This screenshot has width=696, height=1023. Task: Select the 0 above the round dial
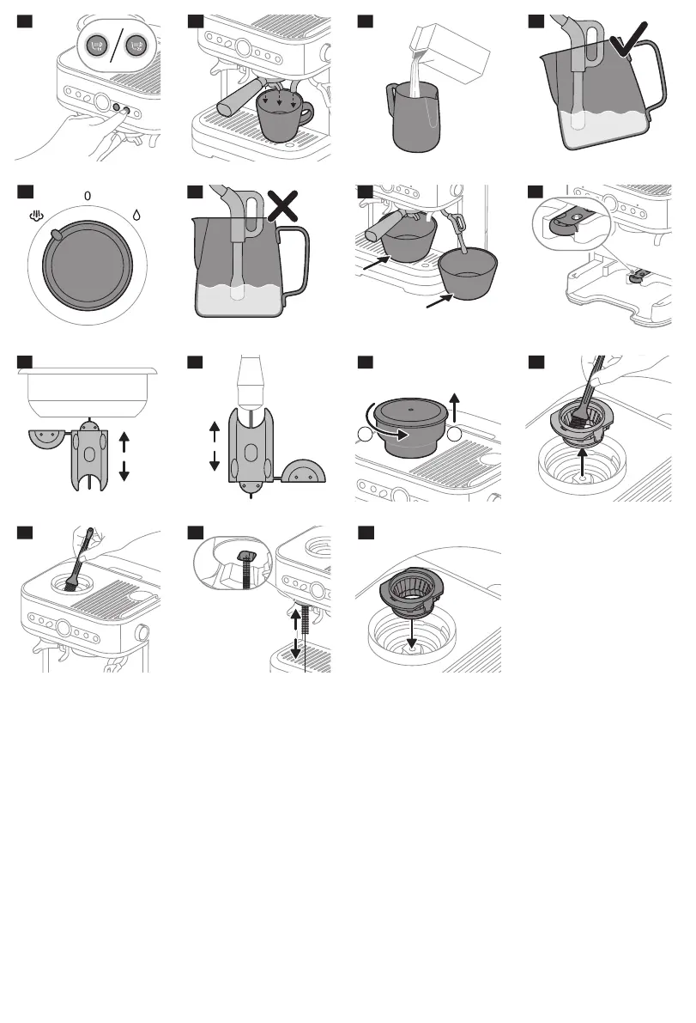(x=87, y=197)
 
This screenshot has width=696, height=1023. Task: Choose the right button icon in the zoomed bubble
(x=135, y=47)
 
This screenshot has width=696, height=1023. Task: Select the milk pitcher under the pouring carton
(x=414, y=119)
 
